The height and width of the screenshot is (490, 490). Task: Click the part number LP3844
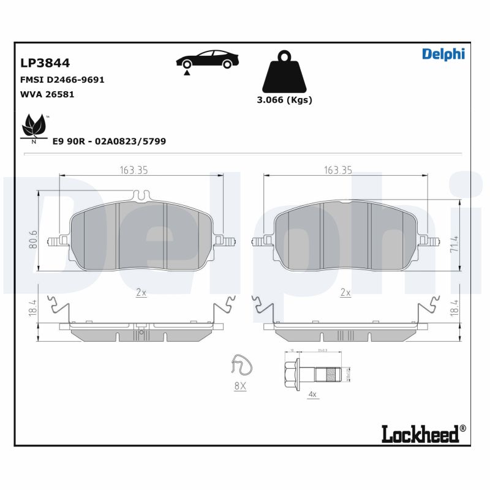tap(45, 63)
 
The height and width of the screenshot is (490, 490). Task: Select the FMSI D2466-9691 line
tap(63, 80)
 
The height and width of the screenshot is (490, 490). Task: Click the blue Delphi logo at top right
tap(443, 54)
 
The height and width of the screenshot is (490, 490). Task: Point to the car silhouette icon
tap(206, 59)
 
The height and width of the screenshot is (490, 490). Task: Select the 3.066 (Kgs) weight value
tap(284, 100)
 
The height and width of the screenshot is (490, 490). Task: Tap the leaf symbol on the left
tap(33, 127)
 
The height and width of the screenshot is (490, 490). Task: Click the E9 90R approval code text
tap(109, 141)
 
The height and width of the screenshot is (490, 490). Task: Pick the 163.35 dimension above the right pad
tap(337, 170)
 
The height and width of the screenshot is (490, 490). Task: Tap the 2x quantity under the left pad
tap(141, 293)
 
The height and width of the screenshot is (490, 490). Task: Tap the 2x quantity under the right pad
tap(345, 293)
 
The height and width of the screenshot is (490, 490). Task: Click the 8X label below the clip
tap(239, 386)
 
